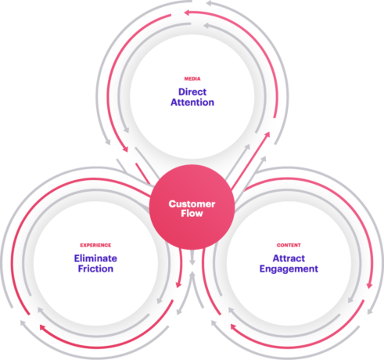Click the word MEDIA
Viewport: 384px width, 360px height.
click(x=192, y=79)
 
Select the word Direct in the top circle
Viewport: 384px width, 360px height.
click(x=192, y=92)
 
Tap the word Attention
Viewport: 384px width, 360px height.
click(x=192, y=103)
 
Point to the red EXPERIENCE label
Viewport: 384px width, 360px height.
click(x=95, y=245)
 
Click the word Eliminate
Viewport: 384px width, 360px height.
click(x=95, y=258)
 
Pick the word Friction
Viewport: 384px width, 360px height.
click(x=95, y=268)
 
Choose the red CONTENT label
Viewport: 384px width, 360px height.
click(x=289, y=245)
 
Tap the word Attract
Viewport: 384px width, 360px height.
click(x=289, y=258)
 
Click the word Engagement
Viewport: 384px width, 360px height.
click(x=289, y=269)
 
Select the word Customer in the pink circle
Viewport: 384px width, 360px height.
click(x=192, y=203)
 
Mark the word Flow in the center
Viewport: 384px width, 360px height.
click(x=192, y=214)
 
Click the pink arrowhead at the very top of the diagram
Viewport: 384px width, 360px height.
click(x=188, y=13)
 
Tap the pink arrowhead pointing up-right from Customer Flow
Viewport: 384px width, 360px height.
click(x=267, y=135)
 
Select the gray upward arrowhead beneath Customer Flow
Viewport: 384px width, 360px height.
click(x=192, y=275)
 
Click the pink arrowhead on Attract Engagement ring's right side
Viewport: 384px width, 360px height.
click(x=369, y=285)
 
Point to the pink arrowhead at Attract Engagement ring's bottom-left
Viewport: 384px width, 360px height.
click(x=234, y=327)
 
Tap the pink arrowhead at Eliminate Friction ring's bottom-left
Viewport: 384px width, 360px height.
click(x=43, y=327)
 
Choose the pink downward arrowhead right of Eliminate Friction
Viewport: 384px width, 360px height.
click(x=178, y=285)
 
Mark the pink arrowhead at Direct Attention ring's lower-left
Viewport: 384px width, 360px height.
click(x=125, y=149)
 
